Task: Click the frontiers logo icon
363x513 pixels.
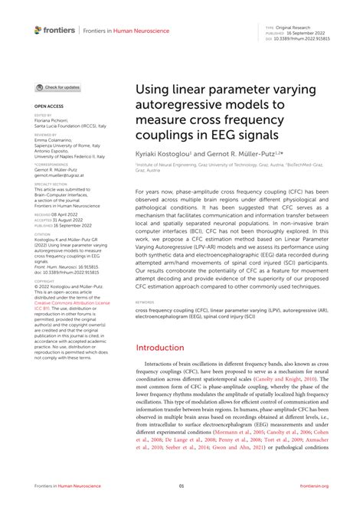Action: (x=39, y=30)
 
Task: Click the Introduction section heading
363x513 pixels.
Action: (x=159, y=348)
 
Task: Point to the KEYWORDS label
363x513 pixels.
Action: (x=144, y=302)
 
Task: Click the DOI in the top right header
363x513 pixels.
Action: (x=298, y=38)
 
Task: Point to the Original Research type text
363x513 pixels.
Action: (x=289, y=25)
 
